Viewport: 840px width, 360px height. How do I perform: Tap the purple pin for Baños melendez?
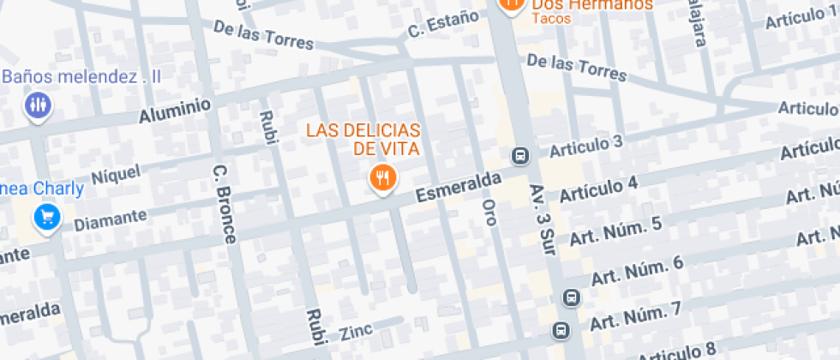[x=37, y=105]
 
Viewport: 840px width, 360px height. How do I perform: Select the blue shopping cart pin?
[x=46, y=216]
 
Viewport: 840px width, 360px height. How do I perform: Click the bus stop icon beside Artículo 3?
[x=519, y=156]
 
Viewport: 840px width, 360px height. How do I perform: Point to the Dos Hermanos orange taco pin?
[x=511, y=4]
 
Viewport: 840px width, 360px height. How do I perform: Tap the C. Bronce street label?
[x=224, y=203]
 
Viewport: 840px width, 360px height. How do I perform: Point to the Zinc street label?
[x=356, y=332]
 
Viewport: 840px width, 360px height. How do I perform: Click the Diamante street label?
[x=111, y=219]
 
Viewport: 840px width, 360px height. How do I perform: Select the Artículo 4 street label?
[x=598, y=189]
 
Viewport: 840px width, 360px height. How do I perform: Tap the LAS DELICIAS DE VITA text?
[x=363, y=139]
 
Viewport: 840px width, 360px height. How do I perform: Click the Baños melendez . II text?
[x=81, y=77]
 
